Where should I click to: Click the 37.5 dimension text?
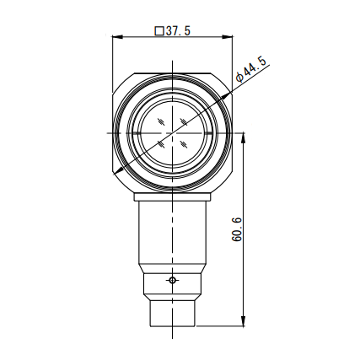[178, 30]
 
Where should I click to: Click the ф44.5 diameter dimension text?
[251, 69]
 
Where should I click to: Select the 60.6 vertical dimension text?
[237, 229]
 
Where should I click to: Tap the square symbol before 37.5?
[159, 30]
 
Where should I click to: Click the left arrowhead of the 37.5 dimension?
[118, 37]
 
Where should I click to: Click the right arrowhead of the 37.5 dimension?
[228, 37]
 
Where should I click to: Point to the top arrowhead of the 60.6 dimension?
[244, 138]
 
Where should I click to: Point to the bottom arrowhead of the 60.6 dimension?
[244, 321]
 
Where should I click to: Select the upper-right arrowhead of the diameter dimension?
[226, 96]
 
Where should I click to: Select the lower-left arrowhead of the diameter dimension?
[119, 170]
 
